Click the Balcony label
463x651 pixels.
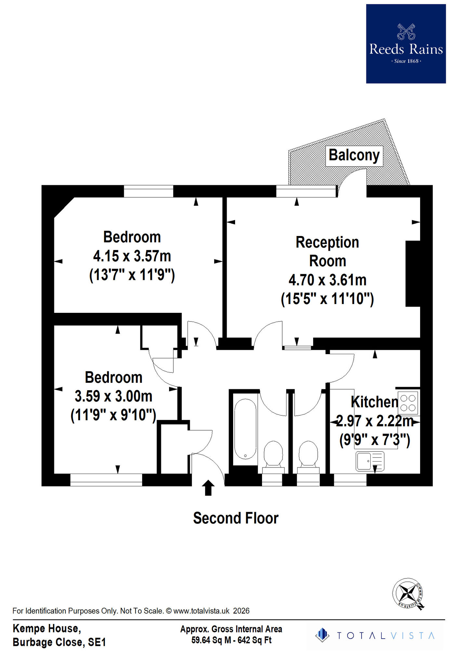(354, 155)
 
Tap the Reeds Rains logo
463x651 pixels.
(406, 44)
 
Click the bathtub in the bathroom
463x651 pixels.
(245, 428)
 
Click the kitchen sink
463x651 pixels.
(370, 461)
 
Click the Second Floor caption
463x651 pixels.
(236, 518)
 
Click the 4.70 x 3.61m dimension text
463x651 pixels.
(327, 280)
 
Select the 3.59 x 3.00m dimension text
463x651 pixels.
(113, 396)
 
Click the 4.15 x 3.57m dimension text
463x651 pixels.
(132, 256)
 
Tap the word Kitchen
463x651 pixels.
(375, 402)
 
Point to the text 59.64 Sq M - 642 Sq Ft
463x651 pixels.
(231, 640)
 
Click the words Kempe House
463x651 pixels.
(46, 628)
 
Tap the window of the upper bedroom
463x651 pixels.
(148, 191)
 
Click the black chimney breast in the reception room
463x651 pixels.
(413, 273)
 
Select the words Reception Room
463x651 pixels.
(327, 252)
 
